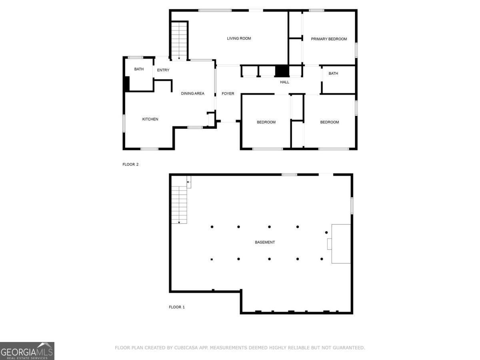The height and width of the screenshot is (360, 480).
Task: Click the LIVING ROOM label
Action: tap(239, 38)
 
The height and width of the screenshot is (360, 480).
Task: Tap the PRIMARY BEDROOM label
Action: tap(329, 39)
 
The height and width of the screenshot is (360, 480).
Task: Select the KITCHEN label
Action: tap(150, 119)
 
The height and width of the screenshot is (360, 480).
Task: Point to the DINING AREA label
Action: tap(192, 94)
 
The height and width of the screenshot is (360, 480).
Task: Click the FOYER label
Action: tap(228, 94)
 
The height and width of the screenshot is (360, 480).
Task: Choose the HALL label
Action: tap(284, 82)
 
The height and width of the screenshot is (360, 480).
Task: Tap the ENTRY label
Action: tap(163, 70)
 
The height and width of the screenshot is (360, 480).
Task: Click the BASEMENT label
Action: tap(265, 242)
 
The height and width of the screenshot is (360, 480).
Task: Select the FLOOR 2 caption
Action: tap(130, 164)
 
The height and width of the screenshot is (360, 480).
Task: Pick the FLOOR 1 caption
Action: tap(177, 307)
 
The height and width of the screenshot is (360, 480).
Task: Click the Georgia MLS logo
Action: tap(27, 351)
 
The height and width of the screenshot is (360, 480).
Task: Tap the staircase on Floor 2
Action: tap(179, 41)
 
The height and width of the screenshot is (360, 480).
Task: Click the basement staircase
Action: tap(179, 205)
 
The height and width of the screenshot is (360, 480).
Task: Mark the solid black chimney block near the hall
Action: tap(282, 71)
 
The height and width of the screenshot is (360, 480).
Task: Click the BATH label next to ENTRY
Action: tap(139, 69)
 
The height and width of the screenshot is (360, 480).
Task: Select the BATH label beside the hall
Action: tap(333, 74)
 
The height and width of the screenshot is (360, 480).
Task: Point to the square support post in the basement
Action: tap(212, 260)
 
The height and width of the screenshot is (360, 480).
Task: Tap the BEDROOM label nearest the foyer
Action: tap(266, 122)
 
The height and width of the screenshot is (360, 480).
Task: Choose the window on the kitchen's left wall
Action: tap(124, 124)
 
